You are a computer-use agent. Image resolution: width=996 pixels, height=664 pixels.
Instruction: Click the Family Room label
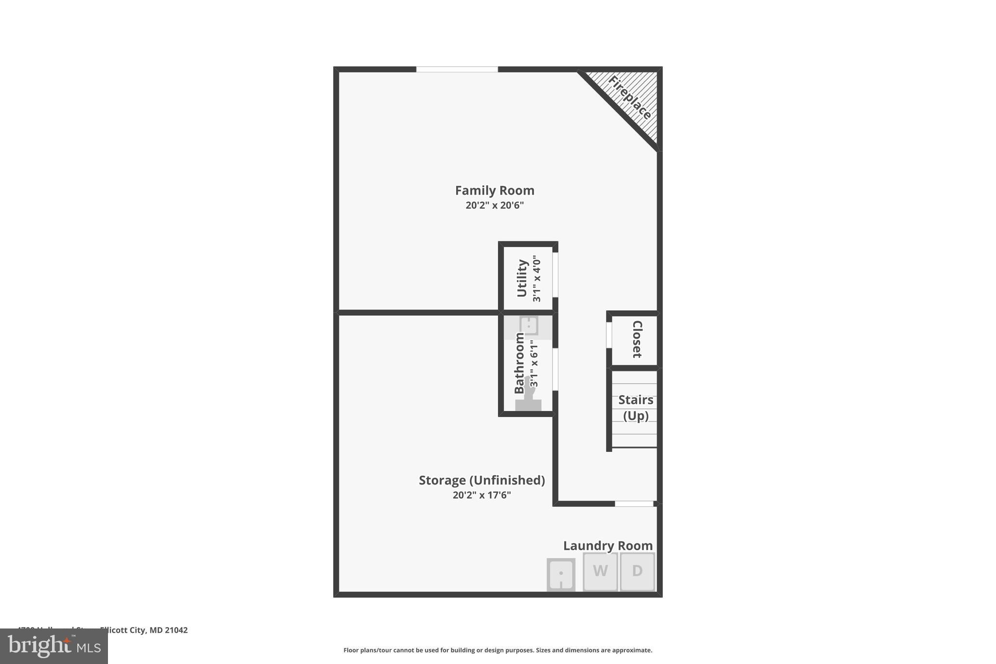pos(494,190)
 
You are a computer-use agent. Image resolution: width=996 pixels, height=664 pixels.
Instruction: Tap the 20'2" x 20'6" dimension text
pos(494,205)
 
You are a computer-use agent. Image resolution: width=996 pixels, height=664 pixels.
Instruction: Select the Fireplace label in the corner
pos(629,98)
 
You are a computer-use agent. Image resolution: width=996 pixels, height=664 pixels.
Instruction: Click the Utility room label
pos(522,278)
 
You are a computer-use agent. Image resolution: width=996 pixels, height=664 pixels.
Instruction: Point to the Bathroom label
pos(519,363)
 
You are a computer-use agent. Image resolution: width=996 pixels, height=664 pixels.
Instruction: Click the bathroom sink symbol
pos(528,325)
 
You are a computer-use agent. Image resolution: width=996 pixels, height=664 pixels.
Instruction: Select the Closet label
pos(637,339)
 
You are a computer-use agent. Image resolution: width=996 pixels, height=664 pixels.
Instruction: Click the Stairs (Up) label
pos(636,408)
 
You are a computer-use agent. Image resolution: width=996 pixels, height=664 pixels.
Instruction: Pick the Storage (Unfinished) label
pos(481,480)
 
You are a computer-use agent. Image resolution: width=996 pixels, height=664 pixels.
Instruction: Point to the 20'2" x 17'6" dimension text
pos(481,495)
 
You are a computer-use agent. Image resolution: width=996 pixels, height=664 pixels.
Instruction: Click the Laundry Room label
pos(607,546)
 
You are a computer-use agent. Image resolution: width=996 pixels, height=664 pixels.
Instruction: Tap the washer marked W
pos(600,571)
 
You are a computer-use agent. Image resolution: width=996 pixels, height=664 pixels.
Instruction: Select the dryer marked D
pos(637,571)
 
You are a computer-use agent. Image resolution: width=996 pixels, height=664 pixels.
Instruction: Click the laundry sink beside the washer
pos(561,574)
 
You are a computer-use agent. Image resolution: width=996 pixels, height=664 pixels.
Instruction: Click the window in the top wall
pos(457,69)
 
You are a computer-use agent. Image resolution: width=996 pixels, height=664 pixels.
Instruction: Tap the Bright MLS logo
pos(54,646)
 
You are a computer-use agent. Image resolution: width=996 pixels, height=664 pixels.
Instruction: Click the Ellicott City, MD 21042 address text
pos(143,630)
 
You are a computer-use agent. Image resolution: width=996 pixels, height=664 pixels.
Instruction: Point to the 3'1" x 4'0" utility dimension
pos(536,278)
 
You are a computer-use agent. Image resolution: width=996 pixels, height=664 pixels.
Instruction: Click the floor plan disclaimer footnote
pos(498,650)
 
